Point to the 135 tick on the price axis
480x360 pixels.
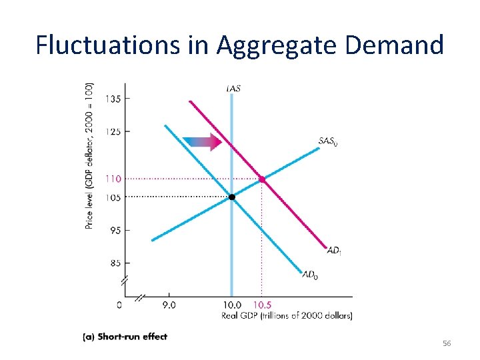[113, 99]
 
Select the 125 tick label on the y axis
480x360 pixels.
[113, 131]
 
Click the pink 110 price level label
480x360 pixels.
[113, 179]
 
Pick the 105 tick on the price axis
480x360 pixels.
[113, 197]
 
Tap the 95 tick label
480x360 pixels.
[114, 230]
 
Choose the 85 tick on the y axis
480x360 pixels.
[114, 263]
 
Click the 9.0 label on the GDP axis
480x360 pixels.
[169, 305]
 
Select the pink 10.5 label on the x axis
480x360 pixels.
[261, 305]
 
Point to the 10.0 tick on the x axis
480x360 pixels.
[232, 305]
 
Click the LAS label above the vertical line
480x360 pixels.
[233, 88]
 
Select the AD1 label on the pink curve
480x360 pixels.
[335, 251]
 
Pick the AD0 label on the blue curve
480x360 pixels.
[310, 274]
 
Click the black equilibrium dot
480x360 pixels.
[232, 197]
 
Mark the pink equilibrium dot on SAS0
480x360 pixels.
[262, 179]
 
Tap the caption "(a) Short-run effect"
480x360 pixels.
[125, 337]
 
